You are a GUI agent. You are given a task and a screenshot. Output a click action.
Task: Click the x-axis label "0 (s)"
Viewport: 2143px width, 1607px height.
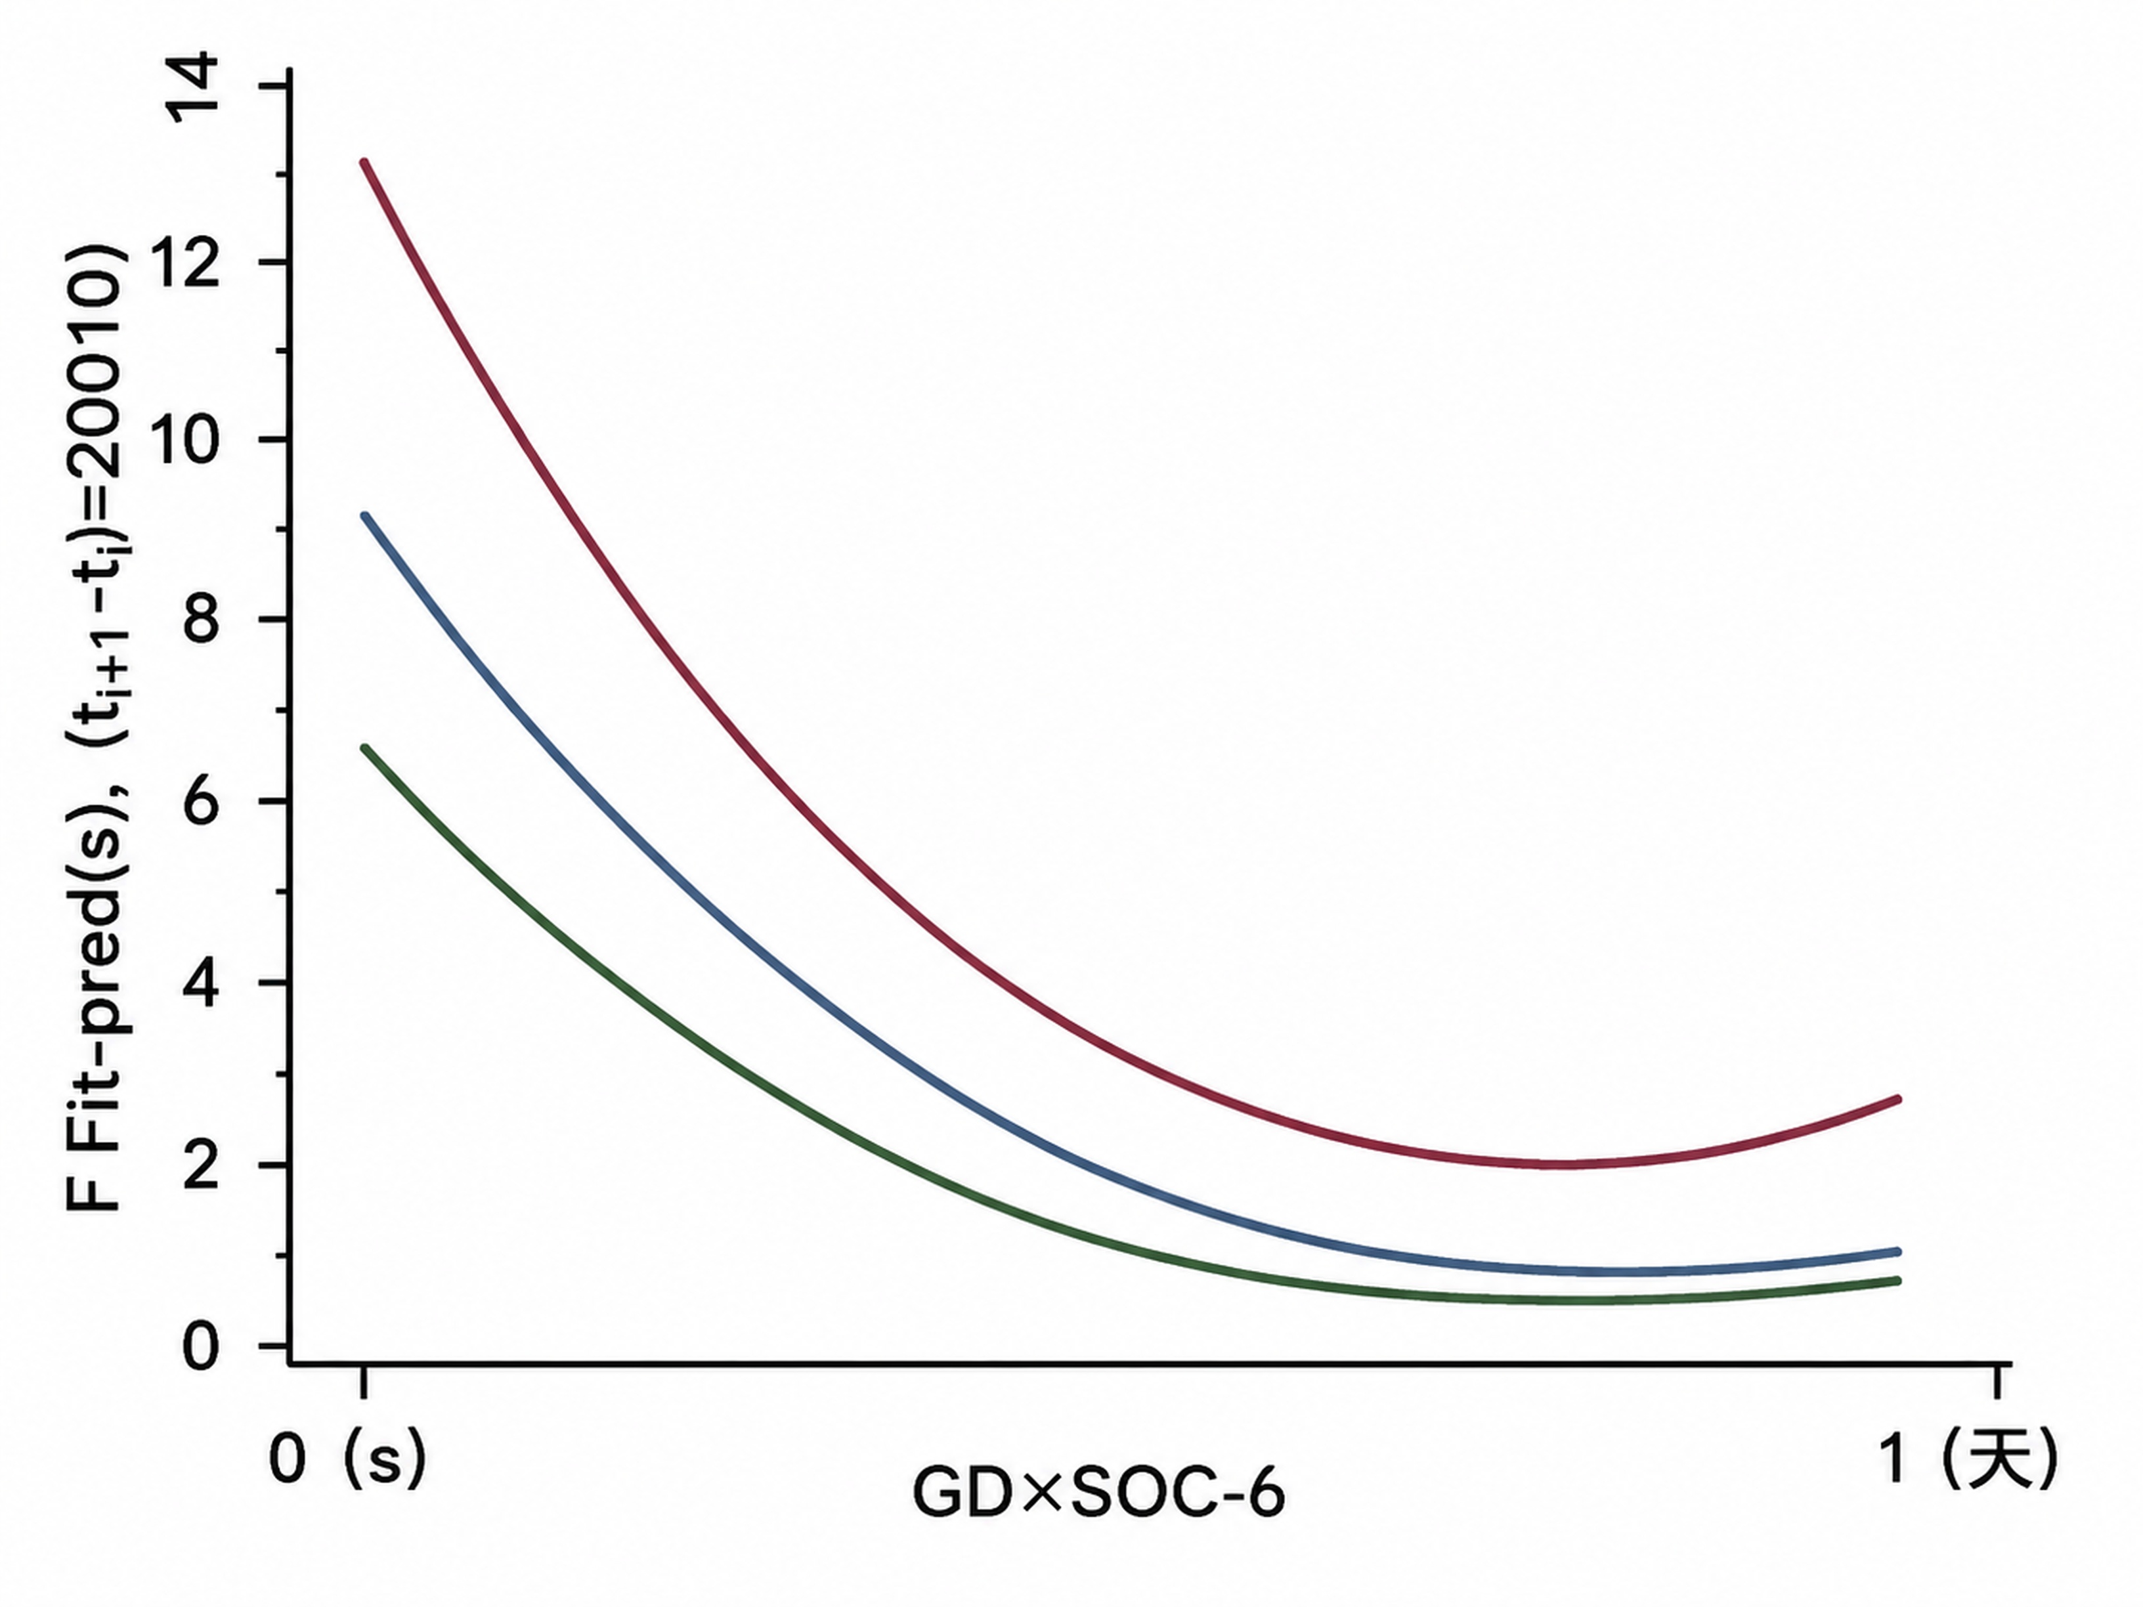347,1460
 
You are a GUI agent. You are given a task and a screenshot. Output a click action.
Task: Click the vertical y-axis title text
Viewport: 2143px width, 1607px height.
97,727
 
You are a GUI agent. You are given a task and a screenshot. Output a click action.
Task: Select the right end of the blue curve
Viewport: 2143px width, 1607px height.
1898,1251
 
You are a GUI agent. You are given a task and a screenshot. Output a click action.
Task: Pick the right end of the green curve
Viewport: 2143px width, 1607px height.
1898,1281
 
